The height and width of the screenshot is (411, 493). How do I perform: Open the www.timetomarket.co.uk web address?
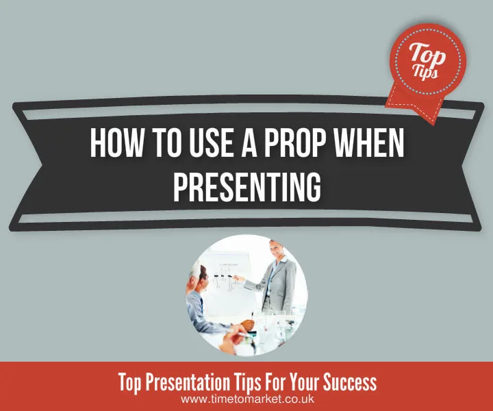pos(246,398)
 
